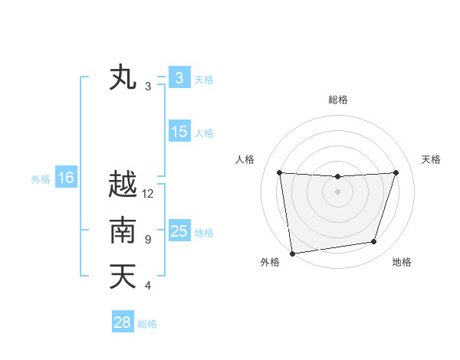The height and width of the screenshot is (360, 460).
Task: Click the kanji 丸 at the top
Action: coord(123,78)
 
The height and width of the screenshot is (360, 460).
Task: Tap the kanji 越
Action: coord(123,185)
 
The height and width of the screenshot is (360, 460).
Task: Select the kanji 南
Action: coord(123,231)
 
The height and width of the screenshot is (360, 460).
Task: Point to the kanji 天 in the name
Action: coord(123,277)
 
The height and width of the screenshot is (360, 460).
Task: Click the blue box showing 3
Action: coord(179,78)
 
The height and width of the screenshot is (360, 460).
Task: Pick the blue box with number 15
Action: coord(179,132)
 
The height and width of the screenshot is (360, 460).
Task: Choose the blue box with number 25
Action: coord(179,231)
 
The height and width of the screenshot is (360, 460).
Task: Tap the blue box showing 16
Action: coord(66,178)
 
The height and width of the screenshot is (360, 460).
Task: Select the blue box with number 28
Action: coord(123,322)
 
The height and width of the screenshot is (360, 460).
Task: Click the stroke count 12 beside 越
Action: coord(148,194)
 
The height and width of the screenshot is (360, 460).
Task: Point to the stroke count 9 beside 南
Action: coord(148,240)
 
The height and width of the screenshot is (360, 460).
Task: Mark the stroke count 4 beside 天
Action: coord(148,286)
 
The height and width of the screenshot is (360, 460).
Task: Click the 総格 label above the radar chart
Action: coord(338,100)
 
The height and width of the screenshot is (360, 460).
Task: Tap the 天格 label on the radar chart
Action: coord(432,159)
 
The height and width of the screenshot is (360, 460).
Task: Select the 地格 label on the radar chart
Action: coord(402,262)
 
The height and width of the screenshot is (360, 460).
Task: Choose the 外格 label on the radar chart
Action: coord(270,262)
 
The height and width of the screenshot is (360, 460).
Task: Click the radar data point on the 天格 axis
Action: coord(396,172)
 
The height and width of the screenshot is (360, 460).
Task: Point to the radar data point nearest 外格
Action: coord(292,253)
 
